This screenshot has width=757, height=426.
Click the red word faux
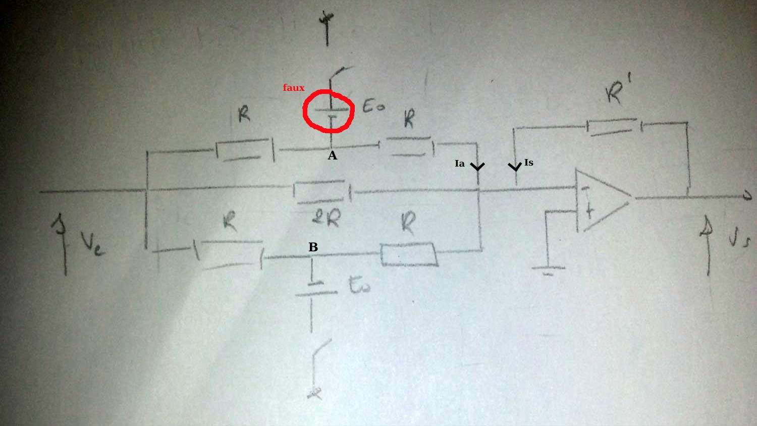pyautogui.click(x=293, y=88)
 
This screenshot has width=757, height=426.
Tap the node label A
pyautogui.click(x=332, y=156)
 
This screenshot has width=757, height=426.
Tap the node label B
pyautogui.click(x=313, y=247)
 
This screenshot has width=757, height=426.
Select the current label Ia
pyautogui.click(x=459, y=164)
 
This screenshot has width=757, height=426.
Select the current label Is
pyautogui.click(x=528, y=163)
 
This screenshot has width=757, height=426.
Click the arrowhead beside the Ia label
pyautogui.click(x=477, y=167)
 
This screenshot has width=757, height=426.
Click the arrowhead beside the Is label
pyautogui.click(x=515, y=167)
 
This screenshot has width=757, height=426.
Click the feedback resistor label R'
pyautogui.click(x=617, y=91)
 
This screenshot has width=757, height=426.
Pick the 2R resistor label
pyautogui.click(x=326, y=218)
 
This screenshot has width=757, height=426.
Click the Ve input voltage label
pyautogui.click(x=93, y=243)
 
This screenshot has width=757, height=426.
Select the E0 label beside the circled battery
pyautogui.click(x=373, y=107)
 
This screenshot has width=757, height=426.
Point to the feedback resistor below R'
pyautogui.click(x=612, y=126)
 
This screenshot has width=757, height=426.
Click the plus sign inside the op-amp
pyautogui.click(x=589, y=211)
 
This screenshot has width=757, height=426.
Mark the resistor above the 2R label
pyautogui.click(x=320, y=192)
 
